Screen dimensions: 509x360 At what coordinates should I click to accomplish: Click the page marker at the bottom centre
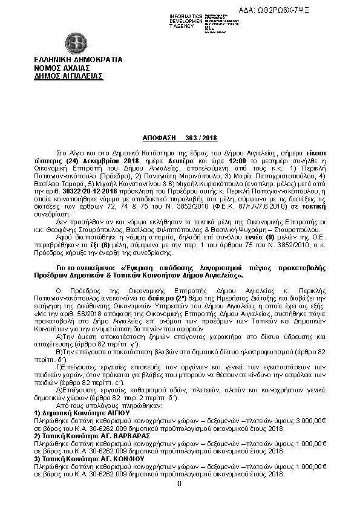click(179, 483)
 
